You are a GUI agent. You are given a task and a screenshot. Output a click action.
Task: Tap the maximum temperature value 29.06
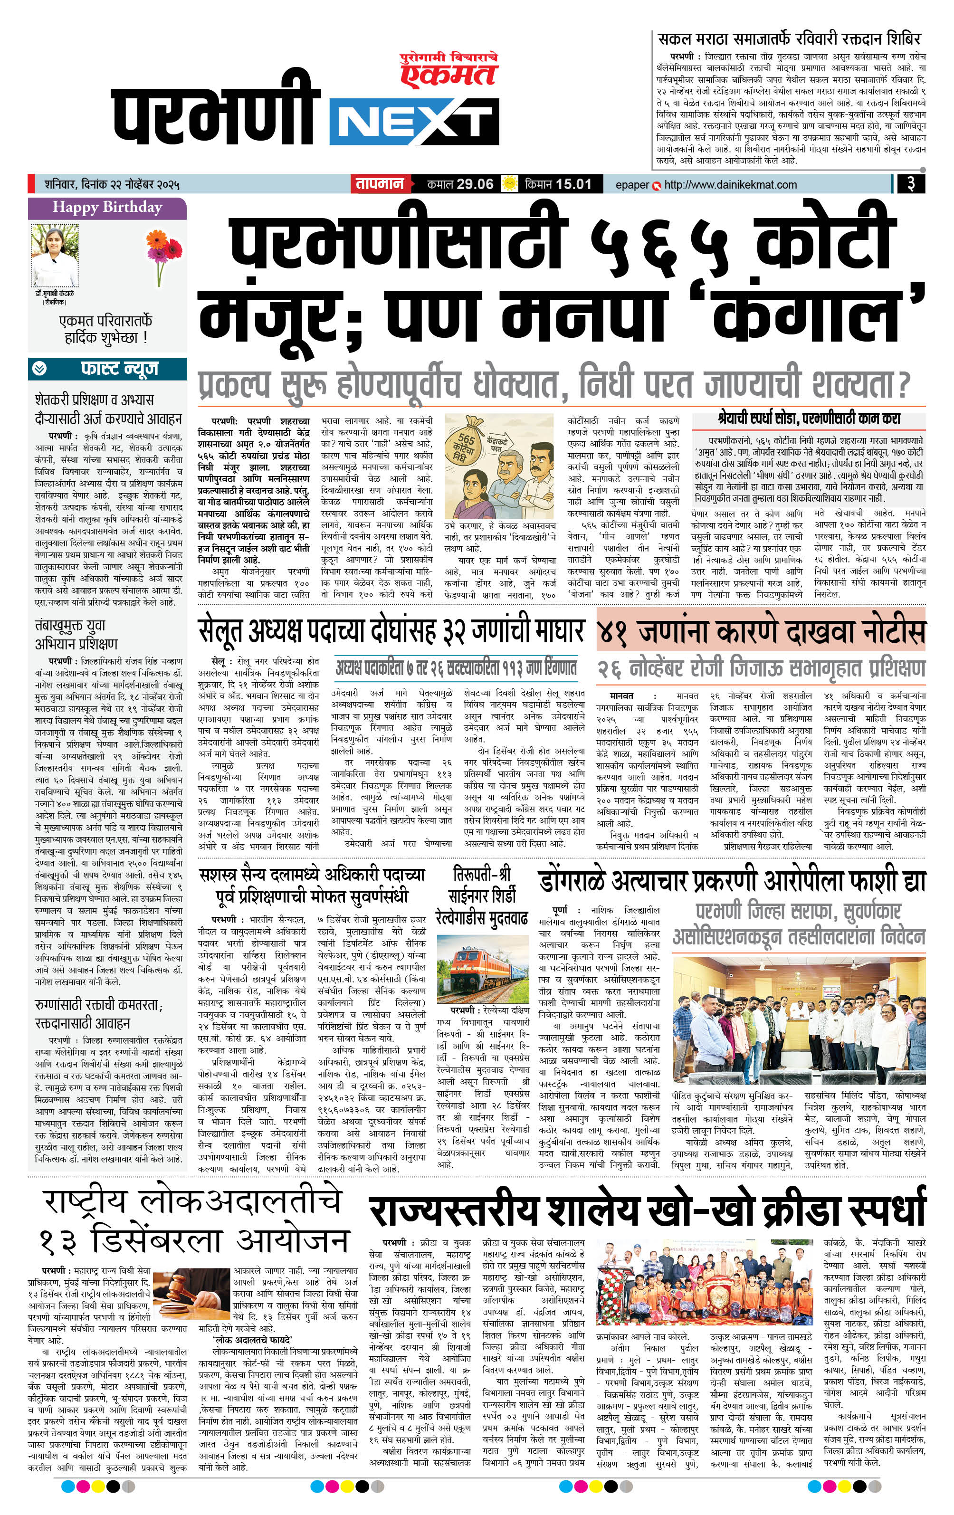[x=475, y=184]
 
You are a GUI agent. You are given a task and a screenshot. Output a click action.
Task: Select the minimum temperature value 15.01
[x=574, y=184]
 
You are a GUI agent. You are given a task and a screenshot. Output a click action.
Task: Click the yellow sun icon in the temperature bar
[x=509, y=184]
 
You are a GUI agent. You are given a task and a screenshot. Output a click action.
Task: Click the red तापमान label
[x=380, y=184]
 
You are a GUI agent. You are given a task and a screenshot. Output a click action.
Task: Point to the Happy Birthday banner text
[x=107, y=207]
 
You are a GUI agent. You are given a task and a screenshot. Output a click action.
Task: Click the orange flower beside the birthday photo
[x=163, y=248]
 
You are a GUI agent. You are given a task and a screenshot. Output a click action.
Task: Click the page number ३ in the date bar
[x=910, y=184]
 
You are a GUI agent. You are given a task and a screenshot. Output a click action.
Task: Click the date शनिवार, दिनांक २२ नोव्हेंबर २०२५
[x=112, y=185]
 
